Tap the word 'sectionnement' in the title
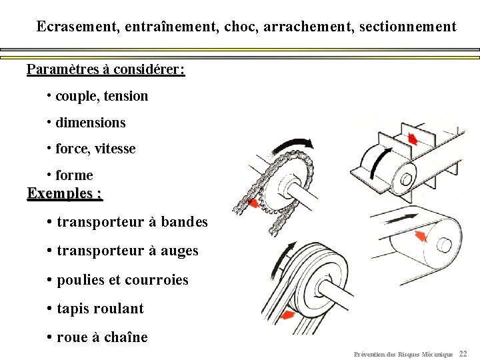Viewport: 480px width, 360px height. point(407,27)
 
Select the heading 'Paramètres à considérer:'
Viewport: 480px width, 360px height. point(106,69)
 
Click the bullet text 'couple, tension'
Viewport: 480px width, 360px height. point(101,96)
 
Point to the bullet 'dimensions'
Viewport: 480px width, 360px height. point(90,123)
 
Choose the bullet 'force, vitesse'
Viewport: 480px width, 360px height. point(95,149)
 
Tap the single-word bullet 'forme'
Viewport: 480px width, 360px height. point(74,175)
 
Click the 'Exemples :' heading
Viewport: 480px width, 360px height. point(65,193)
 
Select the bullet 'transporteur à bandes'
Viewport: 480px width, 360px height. point(132,222)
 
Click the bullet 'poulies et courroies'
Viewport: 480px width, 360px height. point(122,280)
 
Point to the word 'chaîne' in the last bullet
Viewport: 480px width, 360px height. point(125,337)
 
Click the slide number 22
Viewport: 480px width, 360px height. point(464,353)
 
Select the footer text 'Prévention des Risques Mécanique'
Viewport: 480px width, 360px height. point(403,354)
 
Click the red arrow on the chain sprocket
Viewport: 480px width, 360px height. point(254,204)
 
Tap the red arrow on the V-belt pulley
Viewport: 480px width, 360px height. point(288,315)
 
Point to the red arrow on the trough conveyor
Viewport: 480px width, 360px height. point(413,139)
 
